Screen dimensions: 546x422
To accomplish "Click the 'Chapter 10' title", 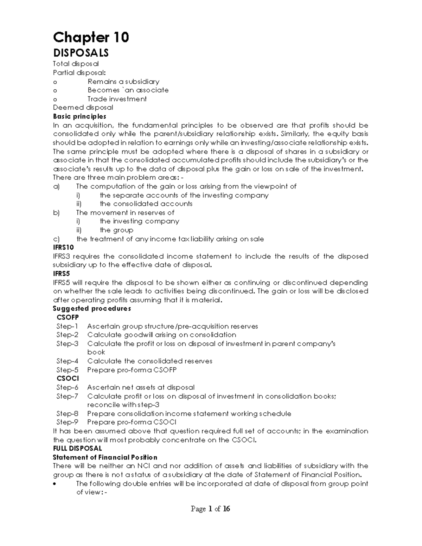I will [91, 37].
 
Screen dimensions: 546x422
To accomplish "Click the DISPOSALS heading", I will [81, 53].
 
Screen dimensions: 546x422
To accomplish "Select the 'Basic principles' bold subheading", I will [79, 116].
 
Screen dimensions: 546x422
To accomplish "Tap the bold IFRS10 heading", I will [63, 248].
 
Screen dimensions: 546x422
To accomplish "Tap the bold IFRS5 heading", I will [62, 274].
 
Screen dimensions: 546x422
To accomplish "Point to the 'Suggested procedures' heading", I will [92, 309].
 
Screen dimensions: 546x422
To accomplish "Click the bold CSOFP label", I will [68, 317].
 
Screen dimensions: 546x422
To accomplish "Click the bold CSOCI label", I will [68, 379].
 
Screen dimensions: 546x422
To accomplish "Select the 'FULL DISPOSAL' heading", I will [77, 449].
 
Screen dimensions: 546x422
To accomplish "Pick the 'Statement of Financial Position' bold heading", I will [105, 457].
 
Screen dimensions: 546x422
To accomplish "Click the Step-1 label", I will [67, 326].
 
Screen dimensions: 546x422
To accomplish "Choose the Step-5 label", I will [67, 370].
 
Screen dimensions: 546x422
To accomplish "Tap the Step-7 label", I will [67, 396].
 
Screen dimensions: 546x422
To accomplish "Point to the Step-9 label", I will [67, 422].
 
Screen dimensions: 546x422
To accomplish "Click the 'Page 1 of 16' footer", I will [210, 509].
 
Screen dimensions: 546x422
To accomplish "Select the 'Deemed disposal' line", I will [83, 108].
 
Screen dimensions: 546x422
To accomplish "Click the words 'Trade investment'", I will [117, 99].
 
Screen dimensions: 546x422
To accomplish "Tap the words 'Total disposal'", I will [76, 64].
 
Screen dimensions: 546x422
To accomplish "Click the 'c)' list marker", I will [56, 239].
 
